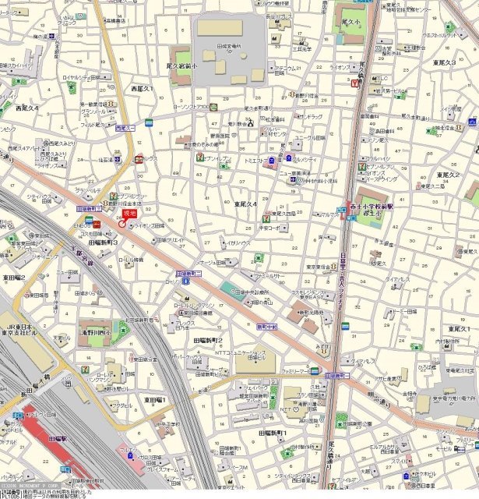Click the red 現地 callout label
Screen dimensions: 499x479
click(129, 213)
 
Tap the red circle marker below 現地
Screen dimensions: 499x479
click(122, 224)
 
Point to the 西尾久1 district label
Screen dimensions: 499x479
click(142, 90)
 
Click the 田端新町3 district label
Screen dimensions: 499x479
click(104, 242)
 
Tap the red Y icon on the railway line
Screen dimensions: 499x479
click(355, 83)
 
